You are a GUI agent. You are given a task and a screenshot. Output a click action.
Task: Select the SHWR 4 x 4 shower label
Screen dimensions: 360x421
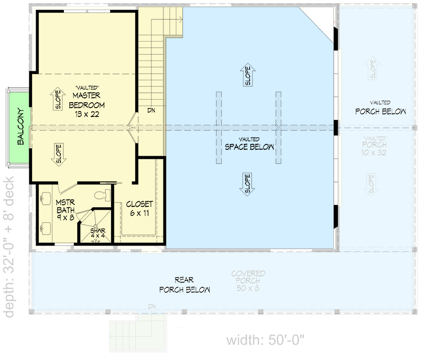point(97,232)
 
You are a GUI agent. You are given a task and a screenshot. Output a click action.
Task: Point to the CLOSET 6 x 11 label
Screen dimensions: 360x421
point(139,208)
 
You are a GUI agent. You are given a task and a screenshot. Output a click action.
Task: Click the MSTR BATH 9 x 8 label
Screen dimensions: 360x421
point(64,209)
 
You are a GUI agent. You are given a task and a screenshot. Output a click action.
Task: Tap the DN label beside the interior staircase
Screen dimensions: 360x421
point(151,110)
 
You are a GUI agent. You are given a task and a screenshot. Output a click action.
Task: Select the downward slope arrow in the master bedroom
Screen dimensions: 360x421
point(57,154)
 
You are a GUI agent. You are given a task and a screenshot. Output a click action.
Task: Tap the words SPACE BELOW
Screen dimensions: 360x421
point(250,147)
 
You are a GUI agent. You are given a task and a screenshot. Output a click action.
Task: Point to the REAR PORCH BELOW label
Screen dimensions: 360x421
point(184,285)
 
